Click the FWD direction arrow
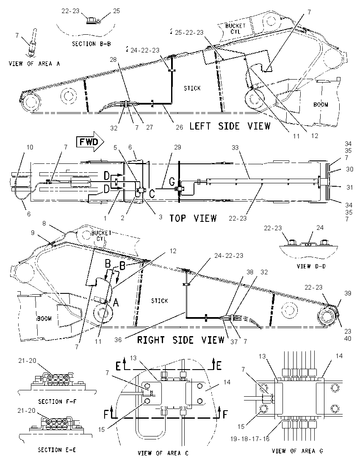(x=90, y=142)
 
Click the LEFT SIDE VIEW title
(x=230, y=126)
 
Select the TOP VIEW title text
(x=193, y=218)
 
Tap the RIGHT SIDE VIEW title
(x=180, y=340)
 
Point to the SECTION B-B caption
(x=91, y=44)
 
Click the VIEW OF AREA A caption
(x=34, y=64)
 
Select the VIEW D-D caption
(x=311, y=266)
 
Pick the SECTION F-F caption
(x=57, y=402)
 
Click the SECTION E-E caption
(x=57, y=450)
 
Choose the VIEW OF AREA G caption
(x=298, y=451)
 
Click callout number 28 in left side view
(x=114, y=60)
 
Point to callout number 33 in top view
(x=235, y=147)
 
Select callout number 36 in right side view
(x=118, y=340)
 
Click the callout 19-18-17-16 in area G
(x=250, y=439)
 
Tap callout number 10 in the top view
(x=30, y=147)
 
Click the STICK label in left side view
(x=192, y=88)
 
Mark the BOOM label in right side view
(x=44, y=319)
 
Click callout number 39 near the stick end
(x=348, y=293)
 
